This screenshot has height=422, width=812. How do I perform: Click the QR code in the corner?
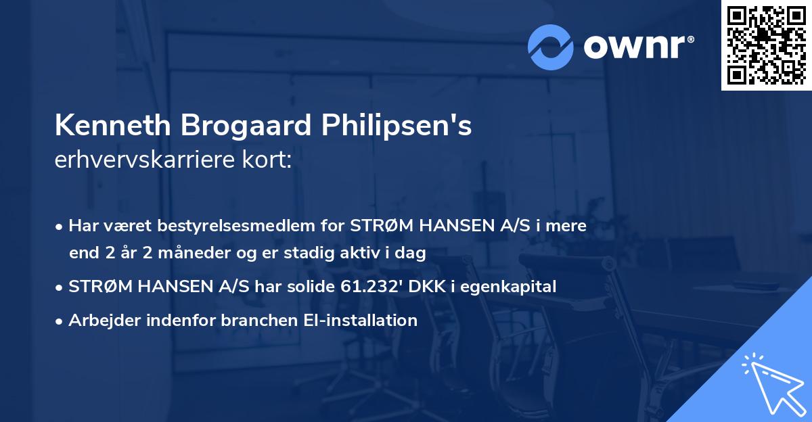766,45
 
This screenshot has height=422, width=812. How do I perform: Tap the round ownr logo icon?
551,47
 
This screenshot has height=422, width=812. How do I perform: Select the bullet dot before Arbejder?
60,321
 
